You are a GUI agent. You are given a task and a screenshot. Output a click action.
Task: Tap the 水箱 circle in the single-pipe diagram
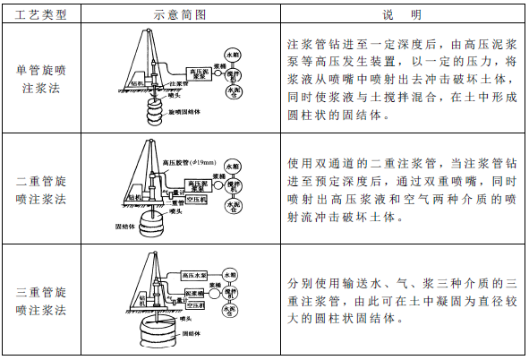pos(234,54)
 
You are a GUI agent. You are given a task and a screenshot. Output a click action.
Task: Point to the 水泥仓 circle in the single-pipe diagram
pos(234,92)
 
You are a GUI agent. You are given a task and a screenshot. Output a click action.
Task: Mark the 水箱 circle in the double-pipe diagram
pos(234,167)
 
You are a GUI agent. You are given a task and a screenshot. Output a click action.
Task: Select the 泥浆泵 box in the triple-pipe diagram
pos(196,292)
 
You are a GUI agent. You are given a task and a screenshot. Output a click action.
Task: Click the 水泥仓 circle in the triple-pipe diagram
pos(234,312)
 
